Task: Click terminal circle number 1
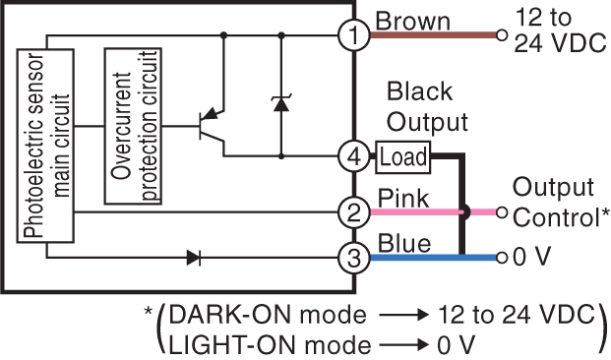(353, 36)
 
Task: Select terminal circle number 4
(353, 155)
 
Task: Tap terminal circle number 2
(353, 211)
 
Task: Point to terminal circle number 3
(353, 259)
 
